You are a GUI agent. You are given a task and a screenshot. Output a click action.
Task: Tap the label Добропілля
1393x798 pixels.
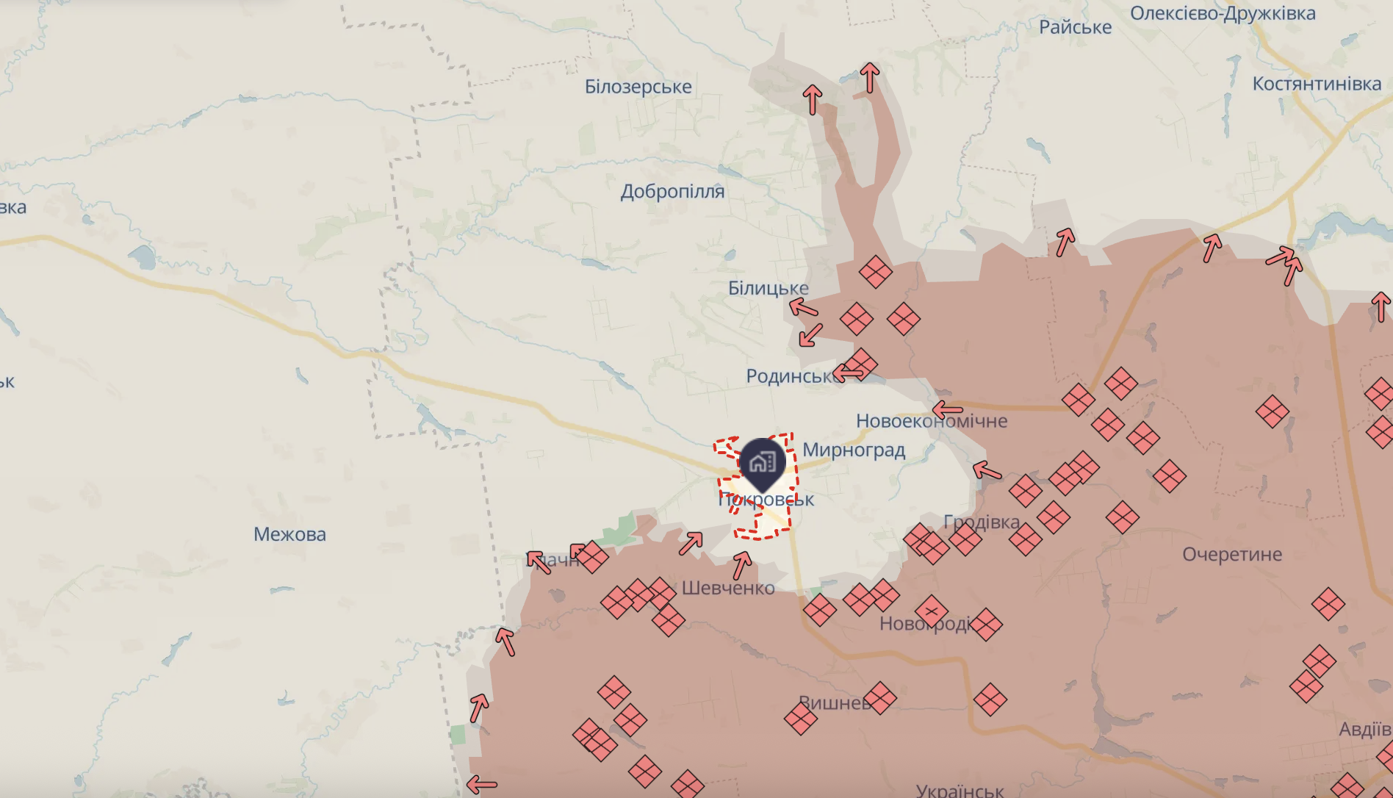pyautogui.click(x=672, y=192)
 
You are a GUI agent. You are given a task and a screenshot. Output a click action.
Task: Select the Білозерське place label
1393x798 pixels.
pyautogui.click(x=638, y=87)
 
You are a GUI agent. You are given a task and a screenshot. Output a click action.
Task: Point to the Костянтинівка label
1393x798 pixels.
pyautogui.click(x=1317, y=84)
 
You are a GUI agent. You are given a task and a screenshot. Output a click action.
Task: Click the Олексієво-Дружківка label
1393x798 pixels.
pyautogui.click(x=1223, y=13)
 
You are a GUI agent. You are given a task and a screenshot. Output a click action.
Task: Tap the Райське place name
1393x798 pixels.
pyautogui.click(x=1075, y=27)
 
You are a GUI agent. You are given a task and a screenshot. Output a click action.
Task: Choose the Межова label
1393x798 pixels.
pyautogui.click(x=289, y=534)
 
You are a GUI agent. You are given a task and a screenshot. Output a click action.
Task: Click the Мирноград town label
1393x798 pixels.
pyautogui.click(x=854, y=450)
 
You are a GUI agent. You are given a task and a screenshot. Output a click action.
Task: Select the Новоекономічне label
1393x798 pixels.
pyautogui.click(x=932, y=421)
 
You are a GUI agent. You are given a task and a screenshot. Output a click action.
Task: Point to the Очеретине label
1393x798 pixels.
pyautogui.click(x=1232, y=554)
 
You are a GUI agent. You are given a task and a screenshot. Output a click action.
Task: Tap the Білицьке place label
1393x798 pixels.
pyautogui.click(x=768, y=288)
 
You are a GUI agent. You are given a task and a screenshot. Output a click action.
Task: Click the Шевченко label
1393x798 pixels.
pyautogui.click(x=728, y=588)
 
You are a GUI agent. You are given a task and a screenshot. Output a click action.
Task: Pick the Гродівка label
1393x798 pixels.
pyautogui.click(x=982, y=522)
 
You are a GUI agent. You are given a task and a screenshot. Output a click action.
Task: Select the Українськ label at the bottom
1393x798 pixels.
pyautogui.click(x=960, y=791)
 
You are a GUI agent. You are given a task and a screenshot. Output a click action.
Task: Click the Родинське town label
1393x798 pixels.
pyautogui.click(x=791, y=376)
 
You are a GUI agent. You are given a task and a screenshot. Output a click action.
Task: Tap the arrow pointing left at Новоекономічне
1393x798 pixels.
pyautogui.click(x=947, y=409)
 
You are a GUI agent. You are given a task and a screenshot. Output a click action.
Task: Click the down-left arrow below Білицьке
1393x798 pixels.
pyautogui.click(x=810, y=335)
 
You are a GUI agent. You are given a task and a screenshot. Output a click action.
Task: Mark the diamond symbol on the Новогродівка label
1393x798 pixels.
pyautogui.click(x=932, y=611)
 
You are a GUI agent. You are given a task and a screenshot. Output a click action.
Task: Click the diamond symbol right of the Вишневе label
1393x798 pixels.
pyautogui.click(x=879, y=698)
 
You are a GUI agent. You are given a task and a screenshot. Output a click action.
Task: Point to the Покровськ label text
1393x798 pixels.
pyautogui.click(x=766, y=500)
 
